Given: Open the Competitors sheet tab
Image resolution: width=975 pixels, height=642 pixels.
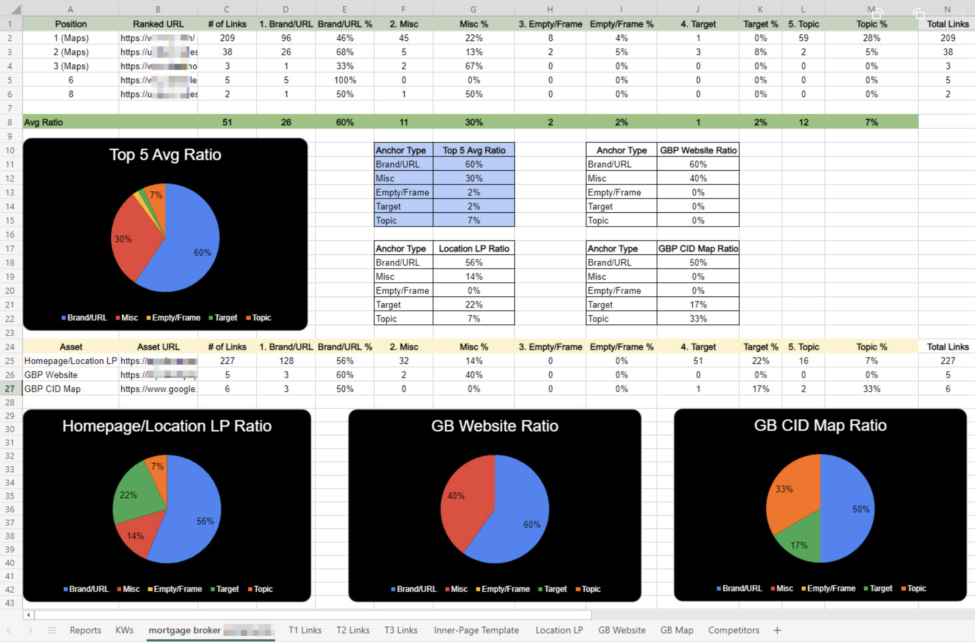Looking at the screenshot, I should (x=733, y=630).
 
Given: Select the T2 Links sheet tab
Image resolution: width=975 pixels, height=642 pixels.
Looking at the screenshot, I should (x=353, y=630).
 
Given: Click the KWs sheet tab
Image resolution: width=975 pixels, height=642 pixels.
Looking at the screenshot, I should (x=124, y=630).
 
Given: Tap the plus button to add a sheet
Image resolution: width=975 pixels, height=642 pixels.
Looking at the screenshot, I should (x=777, y=630).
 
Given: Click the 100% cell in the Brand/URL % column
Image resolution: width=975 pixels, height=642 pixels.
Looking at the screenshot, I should (x=345, y=80).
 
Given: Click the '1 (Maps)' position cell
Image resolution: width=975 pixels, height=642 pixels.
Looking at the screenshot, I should (x=71, y=38).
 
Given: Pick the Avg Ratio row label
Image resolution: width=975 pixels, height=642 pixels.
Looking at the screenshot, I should (x=44, y=123).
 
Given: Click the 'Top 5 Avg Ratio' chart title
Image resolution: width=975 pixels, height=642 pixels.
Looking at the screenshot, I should (x=165, y=155).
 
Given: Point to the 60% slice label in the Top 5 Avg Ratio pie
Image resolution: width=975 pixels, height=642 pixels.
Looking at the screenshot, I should (x=202, y=252).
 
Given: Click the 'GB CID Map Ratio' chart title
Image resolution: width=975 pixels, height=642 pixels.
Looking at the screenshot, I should (x=820, y=425).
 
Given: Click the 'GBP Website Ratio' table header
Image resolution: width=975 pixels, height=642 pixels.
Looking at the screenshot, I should (x=698, y=150).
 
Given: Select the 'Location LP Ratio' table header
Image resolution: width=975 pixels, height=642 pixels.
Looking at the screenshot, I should (x=474, y=249).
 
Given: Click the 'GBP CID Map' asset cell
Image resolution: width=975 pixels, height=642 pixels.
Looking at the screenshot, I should (x=53, y=389).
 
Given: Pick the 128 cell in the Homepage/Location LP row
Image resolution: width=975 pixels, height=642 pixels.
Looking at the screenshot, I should (x=286, y=361).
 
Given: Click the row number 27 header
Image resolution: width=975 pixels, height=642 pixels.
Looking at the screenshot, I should (x=10, y=389).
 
